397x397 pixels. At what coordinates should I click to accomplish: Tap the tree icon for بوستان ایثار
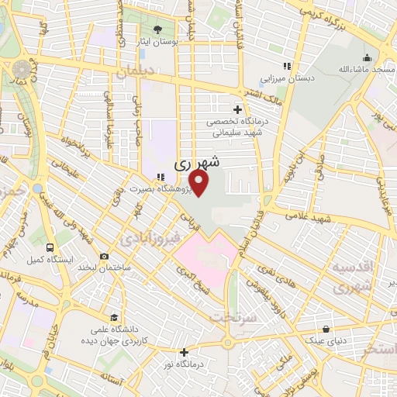point(159,27)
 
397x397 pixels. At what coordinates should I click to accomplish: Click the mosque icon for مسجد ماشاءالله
point(367,57)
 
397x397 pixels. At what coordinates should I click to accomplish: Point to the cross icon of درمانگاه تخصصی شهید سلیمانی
point(237,109)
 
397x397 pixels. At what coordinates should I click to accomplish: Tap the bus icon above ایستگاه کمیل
point(50,247)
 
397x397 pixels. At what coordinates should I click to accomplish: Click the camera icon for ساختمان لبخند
point(105,256)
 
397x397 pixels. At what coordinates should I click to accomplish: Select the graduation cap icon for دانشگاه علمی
point(114,318)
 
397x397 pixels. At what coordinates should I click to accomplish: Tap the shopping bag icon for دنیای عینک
point(326,329)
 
